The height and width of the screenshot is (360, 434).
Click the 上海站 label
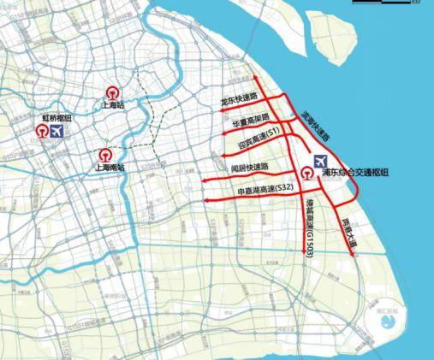[x=112, y=106]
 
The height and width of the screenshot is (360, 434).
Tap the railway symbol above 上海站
[x=112, y=92]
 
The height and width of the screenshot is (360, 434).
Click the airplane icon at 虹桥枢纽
[x=58, y=132]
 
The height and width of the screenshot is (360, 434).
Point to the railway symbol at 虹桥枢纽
[x=41, y=133]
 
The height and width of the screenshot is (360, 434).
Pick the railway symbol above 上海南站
[x=104, y=155]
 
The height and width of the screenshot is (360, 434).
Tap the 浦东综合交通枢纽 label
[x=354, y=173]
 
